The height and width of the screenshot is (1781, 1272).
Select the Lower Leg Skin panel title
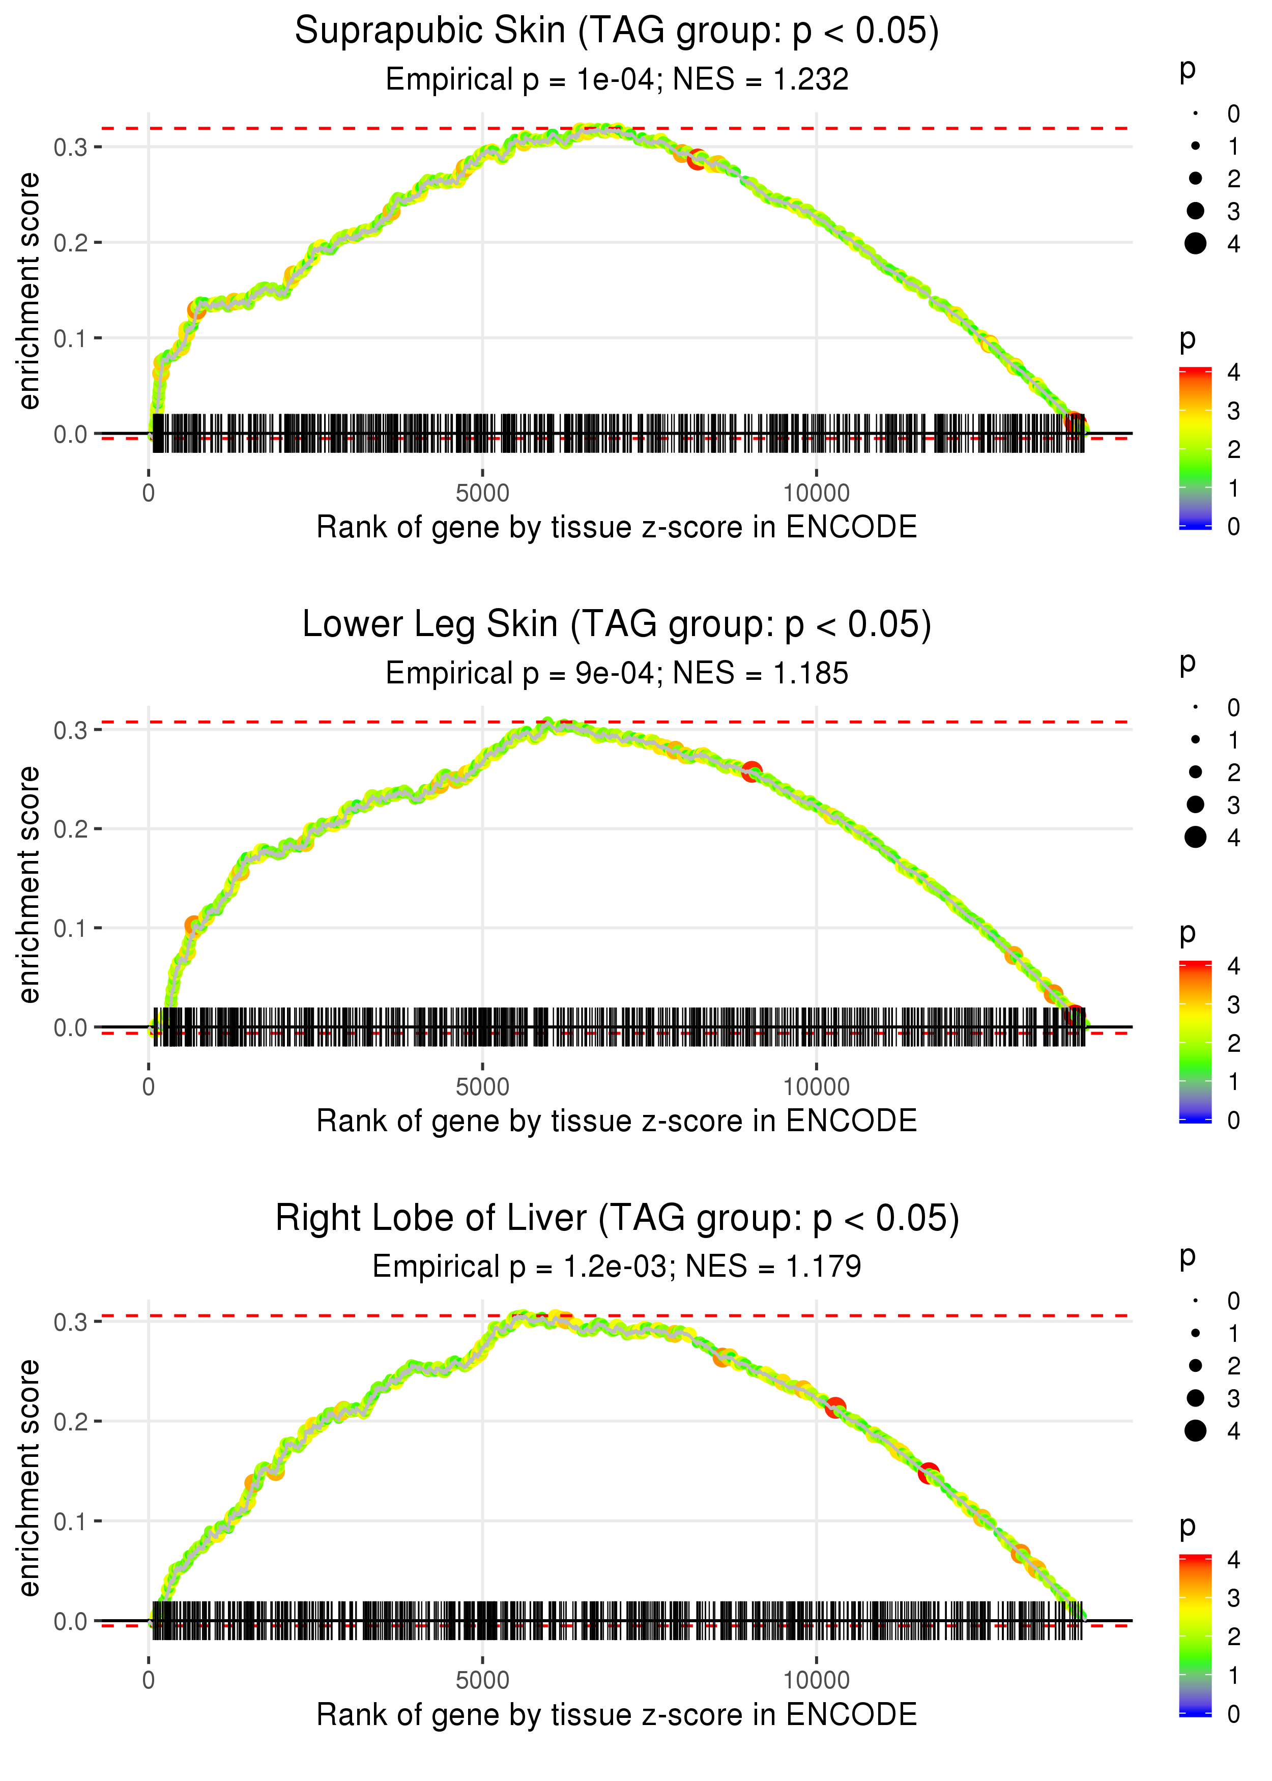coord(617,625)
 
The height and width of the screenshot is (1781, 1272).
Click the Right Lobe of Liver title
coord(617,1219)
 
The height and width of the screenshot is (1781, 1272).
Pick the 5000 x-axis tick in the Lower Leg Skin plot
coord(482,1086)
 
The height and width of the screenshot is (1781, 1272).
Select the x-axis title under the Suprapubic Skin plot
coord(617,527)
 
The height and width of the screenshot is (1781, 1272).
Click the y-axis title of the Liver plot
coord(29,1477)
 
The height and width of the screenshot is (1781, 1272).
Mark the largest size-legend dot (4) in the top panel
coord(1195,244)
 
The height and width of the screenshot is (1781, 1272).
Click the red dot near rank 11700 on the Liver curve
coord(929,1473)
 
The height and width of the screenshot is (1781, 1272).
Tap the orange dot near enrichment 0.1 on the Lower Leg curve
coord(193,926)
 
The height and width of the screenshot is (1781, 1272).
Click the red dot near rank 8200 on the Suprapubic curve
coord(697,160)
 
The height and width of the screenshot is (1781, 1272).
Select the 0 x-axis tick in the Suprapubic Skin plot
coord(149,494)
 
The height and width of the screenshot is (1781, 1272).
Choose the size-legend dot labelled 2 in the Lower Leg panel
coord(1195,772)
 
